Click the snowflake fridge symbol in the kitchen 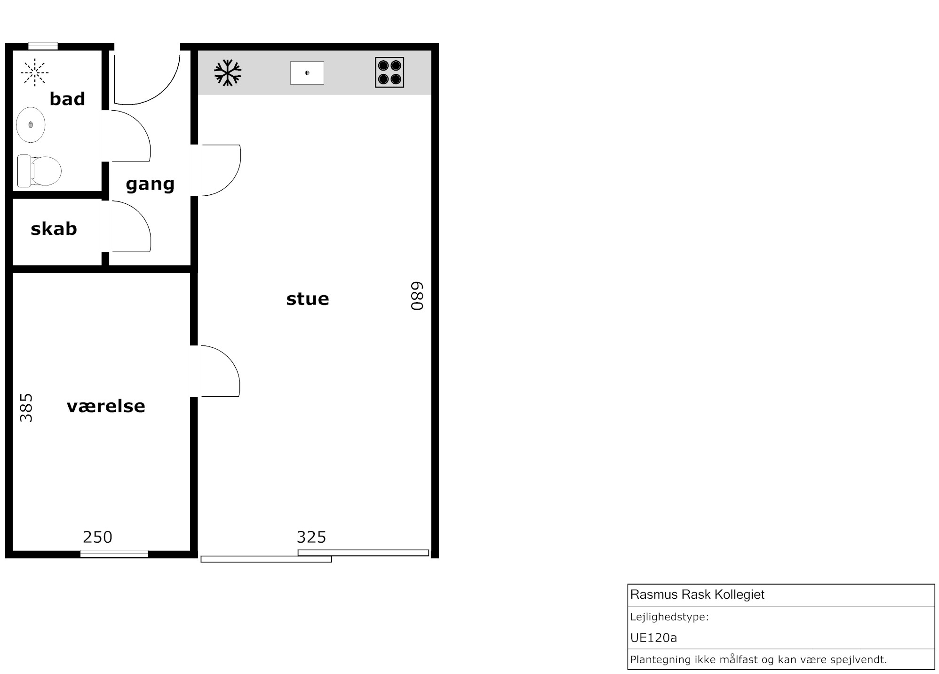(228, 73)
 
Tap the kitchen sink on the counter (307, 73)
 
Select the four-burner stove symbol (390, 72)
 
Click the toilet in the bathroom (40, 170)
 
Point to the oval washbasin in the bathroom (31, 125)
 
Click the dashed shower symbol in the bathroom (35, 72)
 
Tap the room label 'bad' (67, 99)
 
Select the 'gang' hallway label (150, 184)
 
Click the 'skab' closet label (54, 229)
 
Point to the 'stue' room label (308, 299)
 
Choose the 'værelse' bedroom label (106, 406)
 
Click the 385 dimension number (26, 408)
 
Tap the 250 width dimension (98, 537)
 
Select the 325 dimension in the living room (311, 537)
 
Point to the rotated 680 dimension (417, 296)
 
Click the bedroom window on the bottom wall (114, 554)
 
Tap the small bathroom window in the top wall (43, 46)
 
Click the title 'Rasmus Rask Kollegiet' (697, 594)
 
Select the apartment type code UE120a (653, 638)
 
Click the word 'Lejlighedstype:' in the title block (669, 617)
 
